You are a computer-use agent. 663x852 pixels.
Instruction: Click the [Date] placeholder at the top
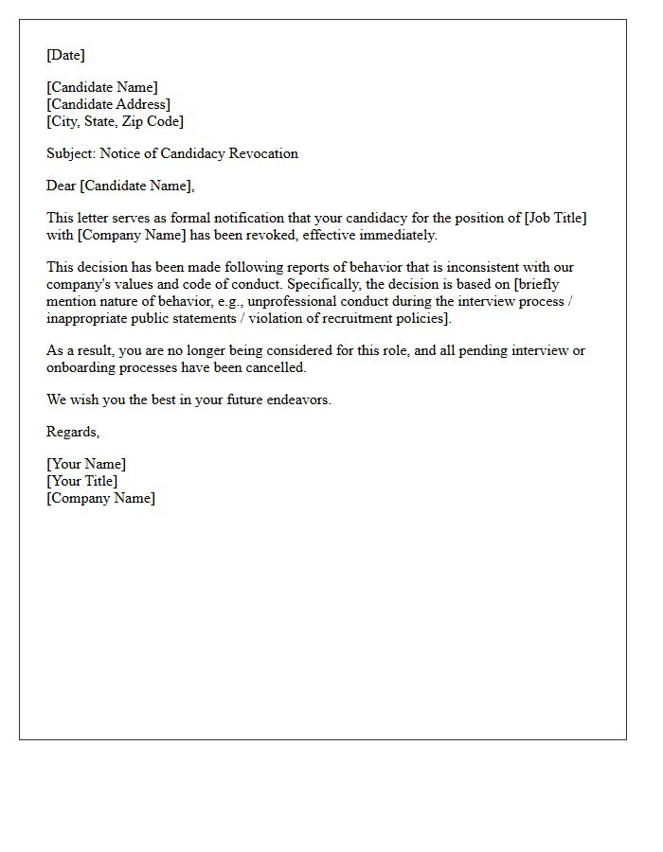coord(65,55)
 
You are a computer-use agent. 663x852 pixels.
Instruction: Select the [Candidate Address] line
coord(109,104)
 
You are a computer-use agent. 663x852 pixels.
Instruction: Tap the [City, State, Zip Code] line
coord(115,121)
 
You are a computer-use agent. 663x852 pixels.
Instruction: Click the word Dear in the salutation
coord(62,186)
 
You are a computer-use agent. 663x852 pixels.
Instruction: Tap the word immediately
coord(397,235)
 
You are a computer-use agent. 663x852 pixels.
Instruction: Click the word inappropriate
coord(88,318)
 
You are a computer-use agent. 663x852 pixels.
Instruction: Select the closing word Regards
coord(72,432)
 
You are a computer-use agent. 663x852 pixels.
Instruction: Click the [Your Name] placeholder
coord(86,464)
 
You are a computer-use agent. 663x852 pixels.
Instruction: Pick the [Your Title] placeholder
coord(82,481)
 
